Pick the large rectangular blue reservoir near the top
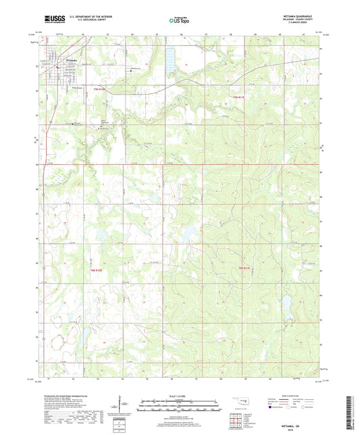(169, 60)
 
